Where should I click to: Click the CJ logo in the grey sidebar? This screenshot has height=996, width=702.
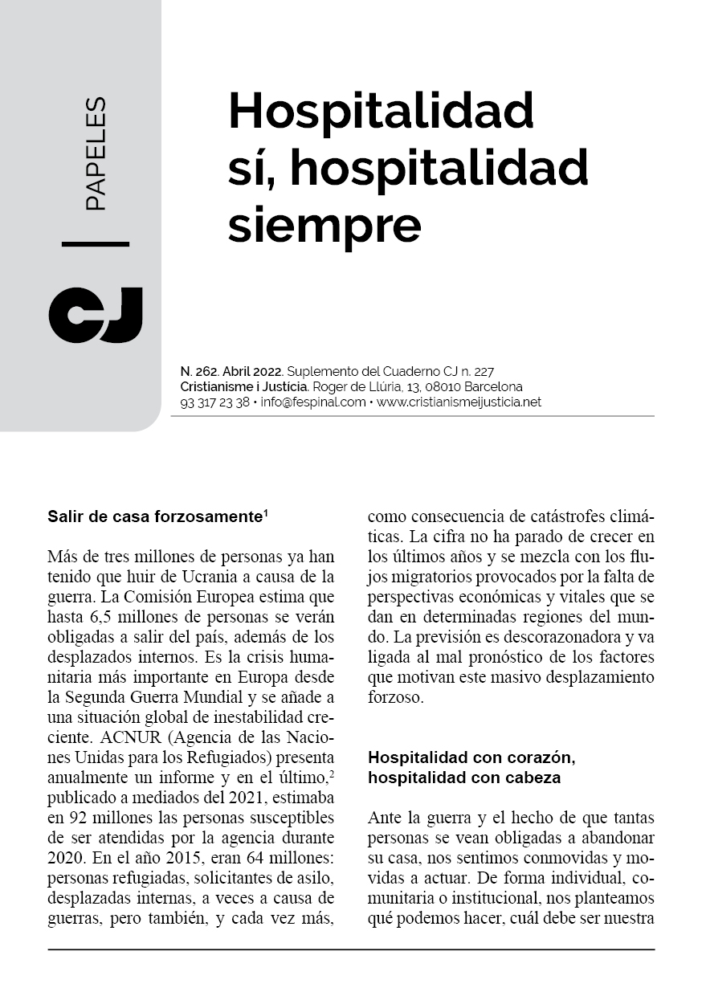pyautogui.click(x=95, y=314)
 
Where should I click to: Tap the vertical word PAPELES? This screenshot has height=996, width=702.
pyautogui.click(x=95, y=154)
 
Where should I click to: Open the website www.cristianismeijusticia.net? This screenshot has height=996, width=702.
pyautogui.click(x=459, y=402)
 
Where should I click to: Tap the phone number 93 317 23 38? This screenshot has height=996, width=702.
pyautogui.click(x=215, y=402)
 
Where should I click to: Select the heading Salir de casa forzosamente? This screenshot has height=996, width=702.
pyautogui.click(x=154, y=516)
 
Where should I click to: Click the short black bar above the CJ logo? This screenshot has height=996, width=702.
pyautogui.click(x=95, y=243)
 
